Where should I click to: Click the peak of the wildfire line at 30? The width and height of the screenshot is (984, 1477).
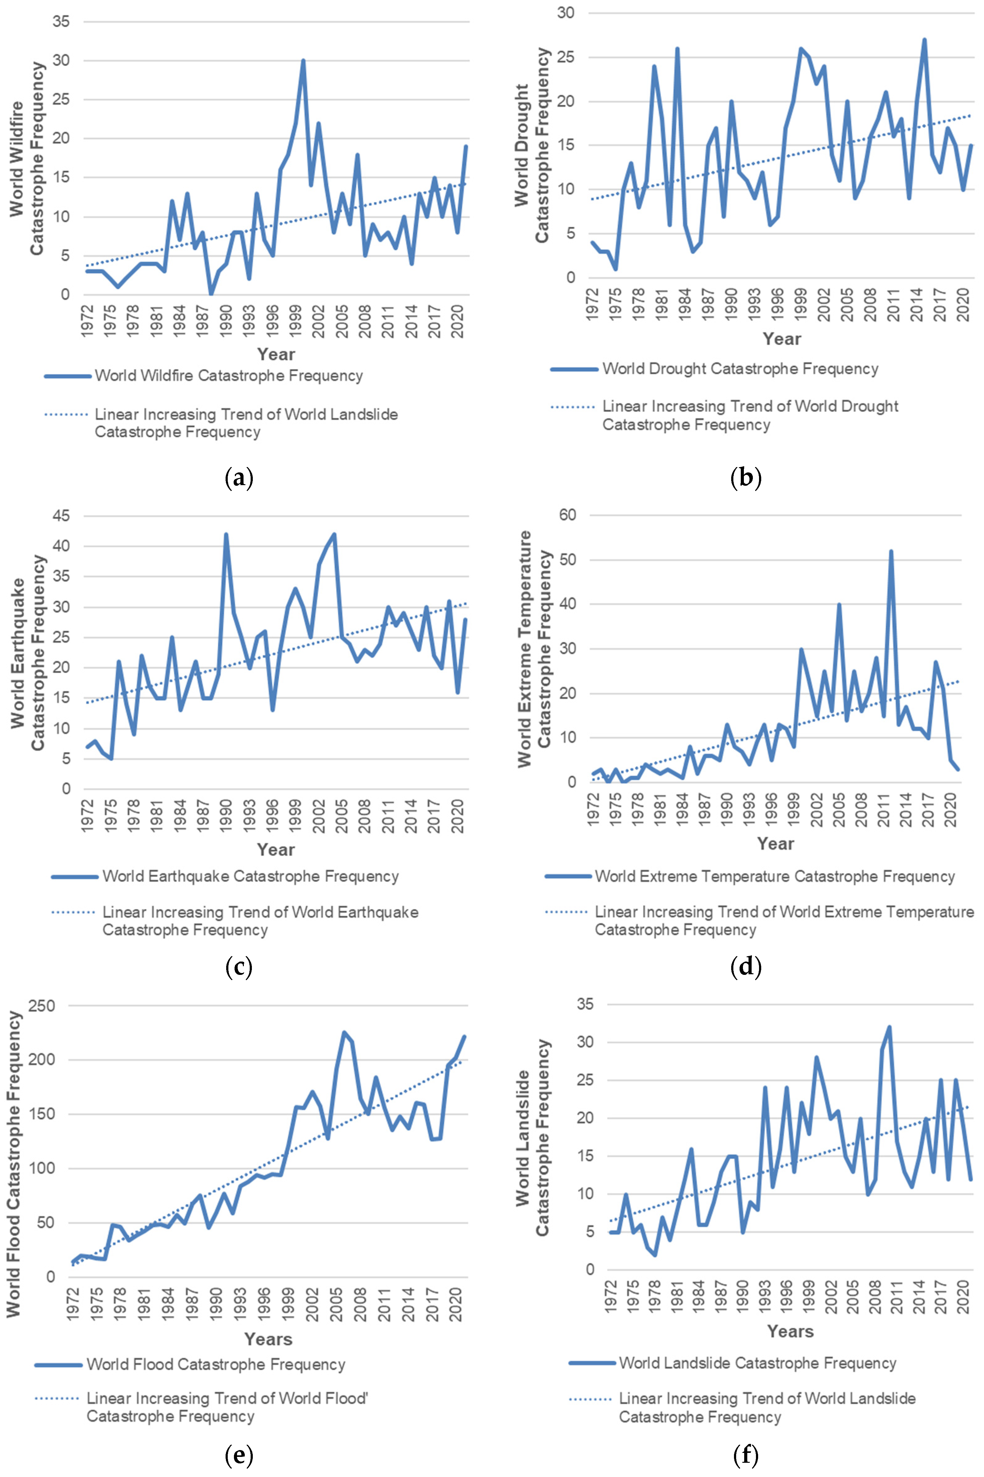point(303,61)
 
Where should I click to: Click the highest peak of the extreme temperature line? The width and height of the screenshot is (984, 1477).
point(891,552)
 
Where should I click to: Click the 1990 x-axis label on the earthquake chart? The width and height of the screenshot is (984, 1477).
point(226,816)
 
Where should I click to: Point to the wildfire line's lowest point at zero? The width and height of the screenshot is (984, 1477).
point(211,294)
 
